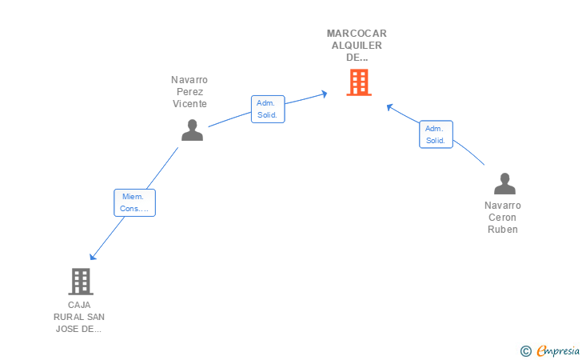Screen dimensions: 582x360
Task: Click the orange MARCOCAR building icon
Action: point(359,82)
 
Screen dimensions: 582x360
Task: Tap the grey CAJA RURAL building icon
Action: point(81,282)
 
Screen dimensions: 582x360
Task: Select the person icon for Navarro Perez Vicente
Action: point(192,130)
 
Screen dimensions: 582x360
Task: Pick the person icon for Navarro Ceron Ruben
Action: point(504,183)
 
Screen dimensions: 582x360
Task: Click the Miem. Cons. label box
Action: point(135,202)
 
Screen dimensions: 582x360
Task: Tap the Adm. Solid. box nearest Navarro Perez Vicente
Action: point(268,109)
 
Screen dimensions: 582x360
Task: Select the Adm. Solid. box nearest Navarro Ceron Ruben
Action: point(436,134)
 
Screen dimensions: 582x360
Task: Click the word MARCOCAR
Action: point(357,34)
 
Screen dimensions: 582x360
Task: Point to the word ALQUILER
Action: point(357,46)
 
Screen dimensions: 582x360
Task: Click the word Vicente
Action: point(189,104)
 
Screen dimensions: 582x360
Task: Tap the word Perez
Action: point(189,92)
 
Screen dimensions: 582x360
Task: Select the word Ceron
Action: point(502,218)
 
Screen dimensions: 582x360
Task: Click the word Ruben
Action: point(503,230)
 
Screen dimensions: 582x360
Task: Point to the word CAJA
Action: point(79,305)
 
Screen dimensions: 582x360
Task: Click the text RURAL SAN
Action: point(79,317)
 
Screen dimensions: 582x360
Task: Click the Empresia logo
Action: point(558,350)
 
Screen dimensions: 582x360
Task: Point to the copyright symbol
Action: point(526,351)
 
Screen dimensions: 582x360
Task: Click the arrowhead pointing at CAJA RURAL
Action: point(93,256)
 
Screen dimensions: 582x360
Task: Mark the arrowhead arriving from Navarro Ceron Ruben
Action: point(390,107)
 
